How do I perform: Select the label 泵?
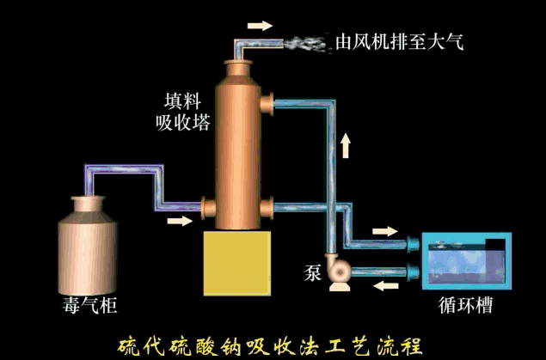[312, 273]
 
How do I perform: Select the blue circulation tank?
[464, 261]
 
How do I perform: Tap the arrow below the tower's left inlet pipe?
[179, 221]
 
